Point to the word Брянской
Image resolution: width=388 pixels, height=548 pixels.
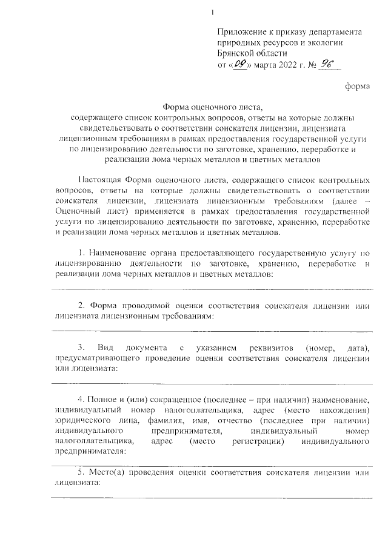point(235,53)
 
